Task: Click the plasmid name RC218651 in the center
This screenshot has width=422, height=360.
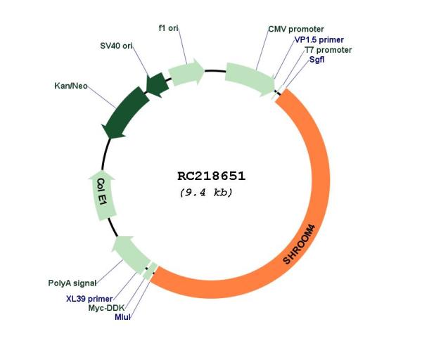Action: pyautogui.click(x=211, y=176)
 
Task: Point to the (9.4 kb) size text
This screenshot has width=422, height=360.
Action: pyautogui.click(x=206, y=193)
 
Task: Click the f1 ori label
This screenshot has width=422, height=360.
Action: pyautogui.click(x=169, y=28)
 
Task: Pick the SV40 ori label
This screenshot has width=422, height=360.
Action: pyautogui.click(x=116, y=46)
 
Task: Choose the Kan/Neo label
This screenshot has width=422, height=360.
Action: pyautogui.click(x=71, y=86)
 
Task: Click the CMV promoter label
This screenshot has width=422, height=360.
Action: pyautogui.click(x=296, y=29)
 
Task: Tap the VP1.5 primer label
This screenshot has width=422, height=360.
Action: pyautogui.click(x=319, y=40)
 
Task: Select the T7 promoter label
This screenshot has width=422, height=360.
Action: pyautogui.click(x=328, y=50)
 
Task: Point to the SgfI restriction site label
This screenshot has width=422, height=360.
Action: pyautogui.click(x=316, y=60)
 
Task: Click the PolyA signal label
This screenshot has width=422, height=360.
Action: pyautogui.click(x=72, y=283)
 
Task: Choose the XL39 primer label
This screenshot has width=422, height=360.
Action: pyautogui.click(x=89, y=299)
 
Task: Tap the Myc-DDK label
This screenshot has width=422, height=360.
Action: pyautogui.click(x=106, y=308)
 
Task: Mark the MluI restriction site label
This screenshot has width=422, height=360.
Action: pyautogui.click(x=122, y=317)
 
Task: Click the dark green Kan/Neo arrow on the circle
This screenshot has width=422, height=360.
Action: pyautogui.click(x=124, y=113)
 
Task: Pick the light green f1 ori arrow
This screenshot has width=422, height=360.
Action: pyautogui.click(x=186, y=72)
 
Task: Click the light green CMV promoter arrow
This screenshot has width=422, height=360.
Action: pyautogui.click(x=250, y=79)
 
